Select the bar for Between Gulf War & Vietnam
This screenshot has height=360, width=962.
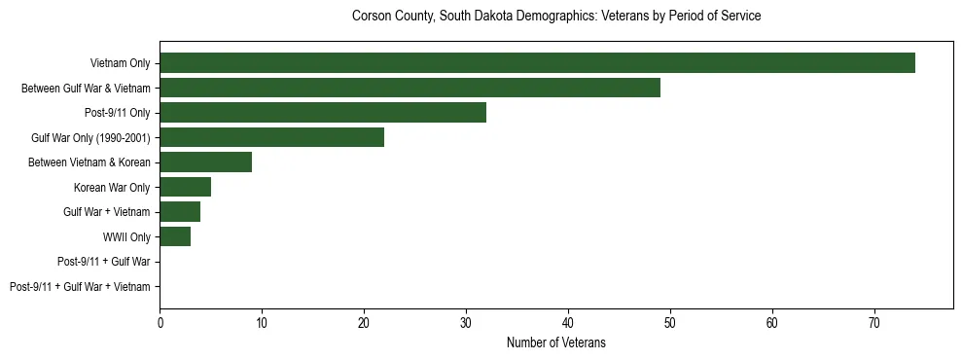tap(410, 88)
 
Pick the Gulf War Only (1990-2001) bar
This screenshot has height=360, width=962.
tap(271, 137)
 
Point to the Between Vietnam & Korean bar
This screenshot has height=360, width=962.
tap(205, 162)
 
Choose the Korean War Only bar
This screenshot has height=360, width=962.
tap(185, 187)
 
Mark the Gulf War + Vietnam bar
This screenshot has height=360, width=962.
tap(180, 211)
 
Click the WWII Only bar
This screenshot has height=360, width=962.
tap(175, 236)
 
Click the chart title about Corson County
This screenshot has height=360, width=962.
tap(555, 17)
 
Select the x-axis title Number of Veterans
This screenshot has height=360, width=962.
tap(555, 342)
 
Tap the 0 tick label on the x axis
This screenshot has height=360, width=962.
tap(160, 322)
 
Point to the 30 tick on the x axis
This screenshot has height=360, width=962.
tap(466, 322)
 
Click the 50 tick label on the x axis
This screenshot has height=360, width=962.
tap(670, 322)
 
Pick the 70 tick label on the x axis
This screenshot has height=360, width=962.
tap(874, 322)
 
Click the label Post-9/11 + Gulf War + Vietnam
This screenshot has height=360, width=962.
tap(80, 286)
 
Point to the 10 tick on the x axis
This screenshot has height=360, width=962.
tap(262, 322)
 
